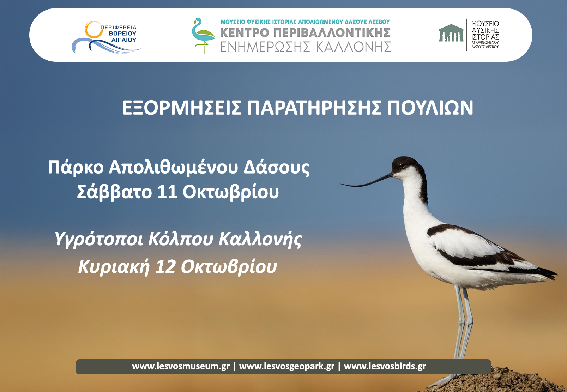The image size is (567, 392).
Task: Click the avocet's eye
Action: (x=403, y=166)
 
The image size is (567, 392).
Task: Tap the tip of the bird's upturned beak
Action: (x=340, y=184)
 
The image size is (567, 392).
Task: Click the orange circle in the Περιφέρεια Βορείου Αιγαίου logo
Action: (x=94, y=30)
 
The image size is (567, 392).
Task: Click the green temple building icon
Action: (x=451, y=33)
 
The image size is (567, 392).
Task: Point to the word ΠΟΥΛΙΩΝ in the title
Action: (x=430, y=108)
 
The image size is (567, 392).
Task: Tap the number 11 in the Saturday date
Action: (x=167, y=192)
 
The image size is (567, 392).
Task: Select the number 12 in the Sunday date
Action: (x=165, y=266)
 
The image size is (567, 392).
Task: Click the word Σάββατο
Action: (x=114, y=191)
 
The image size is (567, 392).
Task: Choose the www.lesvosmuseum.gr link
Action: (x=181, y=366)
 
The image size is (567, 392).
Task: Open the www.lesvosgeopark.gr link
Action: (x=287, y=366)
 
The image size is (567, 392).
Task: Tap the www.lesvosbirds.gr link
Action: (x=385, y=366)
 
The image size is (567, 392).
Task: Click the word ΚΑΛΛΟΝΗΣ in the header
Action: (x=354, y=47)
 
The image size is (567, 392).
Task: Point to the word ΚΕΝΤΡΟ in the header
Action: (x=244, y=33)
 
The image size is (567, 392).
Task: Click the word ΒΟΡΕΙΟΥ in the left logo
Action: (x=122, y=34)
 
